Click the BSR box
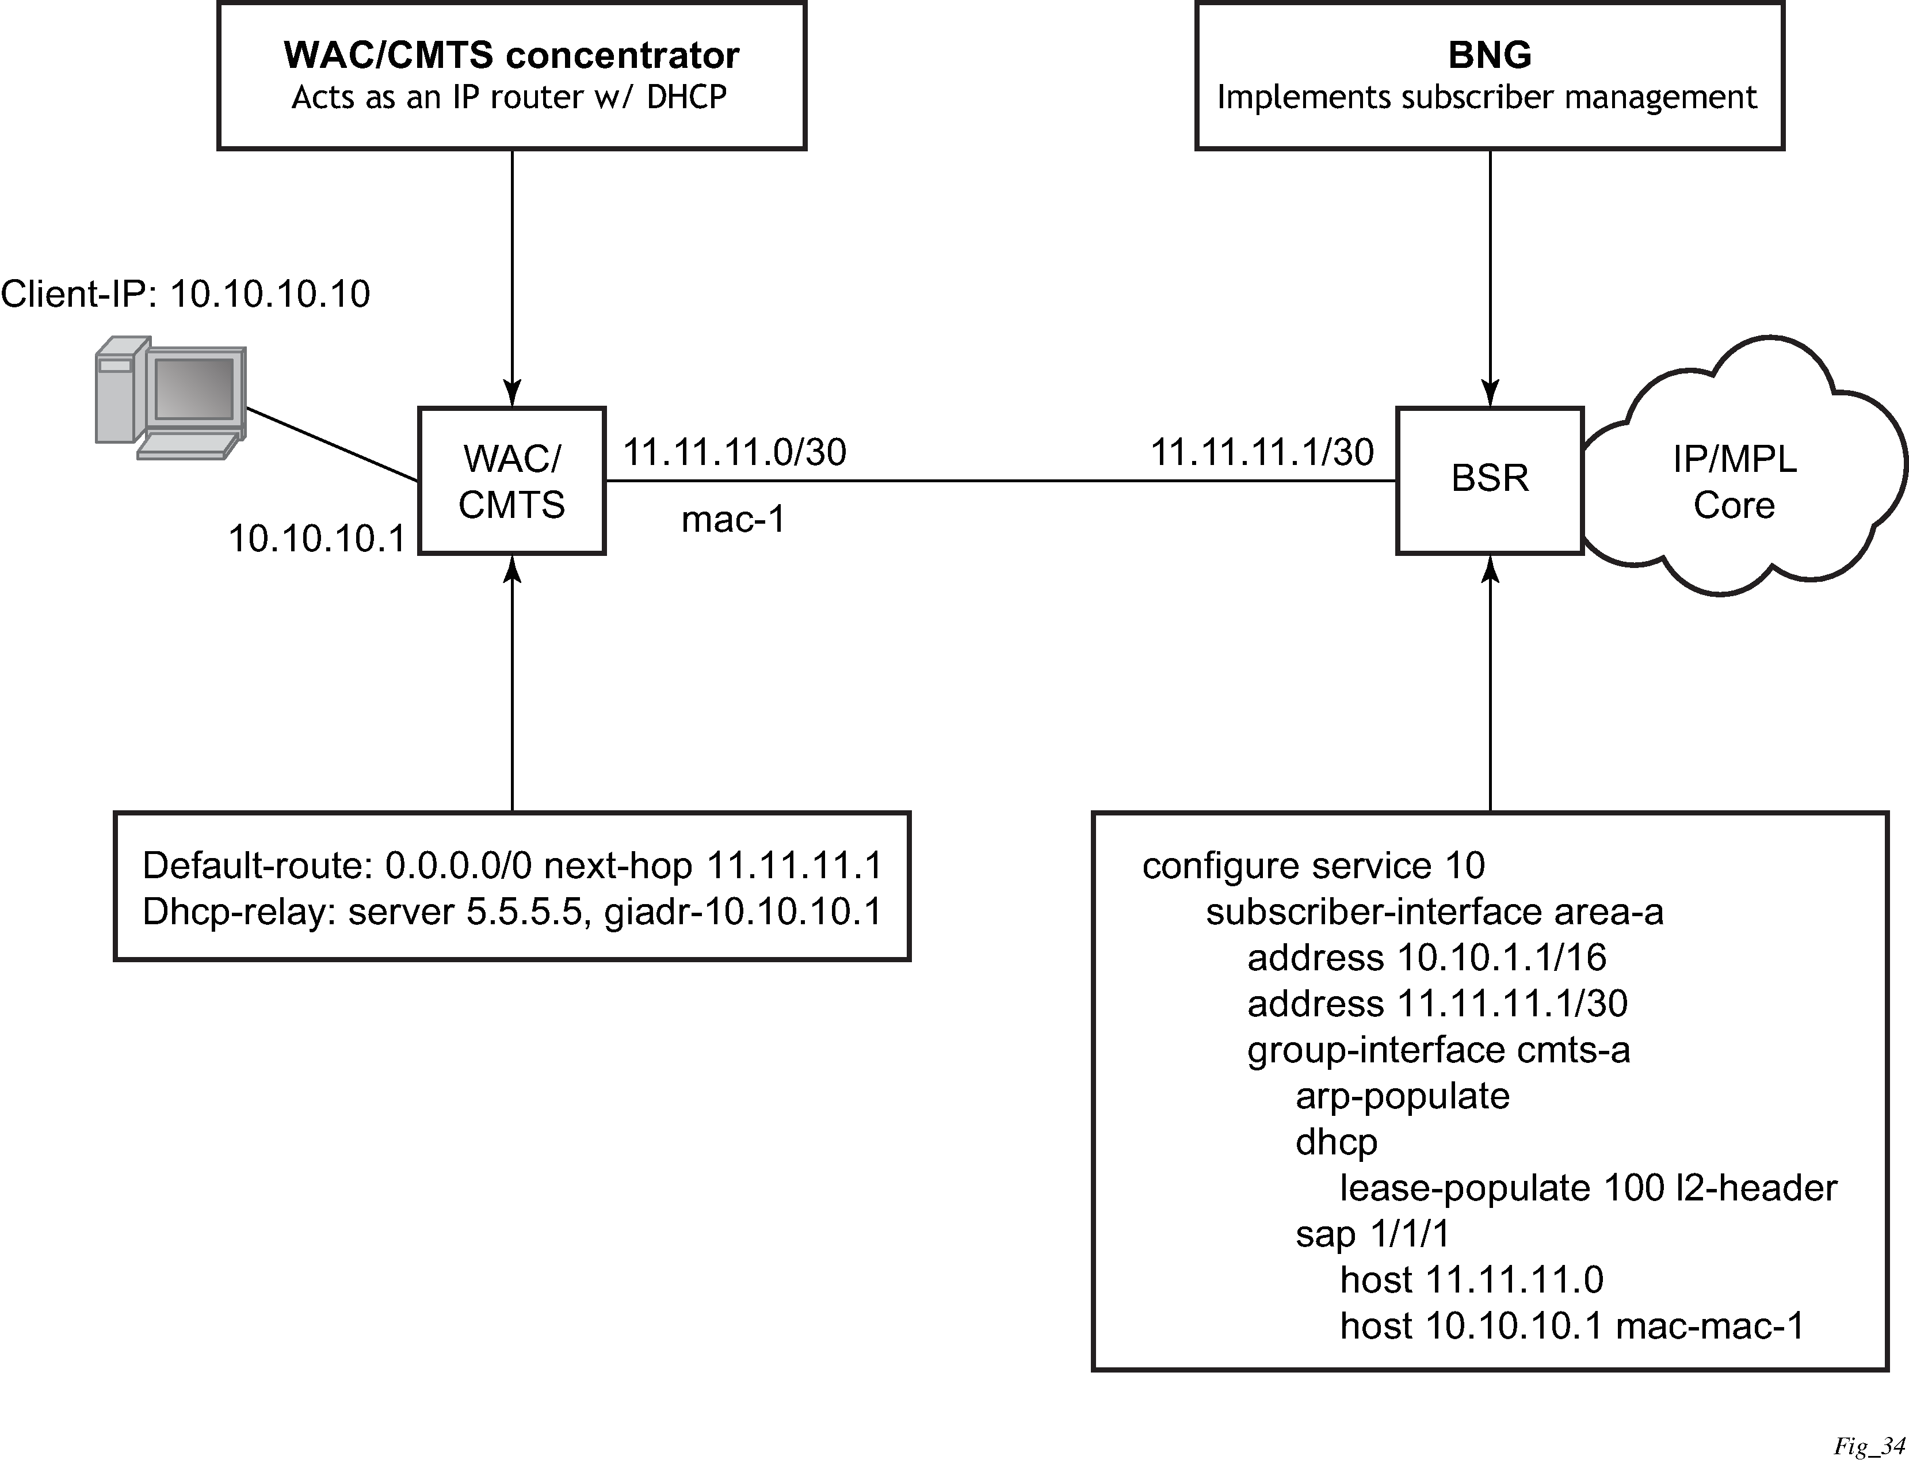pos(1490,480)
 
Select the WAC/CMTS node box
pos(512,481)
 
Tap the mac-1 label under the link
pos(734,520)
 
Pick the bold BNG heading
pos(1490,55)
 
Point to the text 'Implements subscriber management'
pos(1487,97)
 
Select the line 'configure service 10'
pos(1313,866)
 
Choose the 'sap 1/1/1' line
pos(1373,1234)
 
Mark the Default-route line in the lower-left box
pos(512,866)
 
